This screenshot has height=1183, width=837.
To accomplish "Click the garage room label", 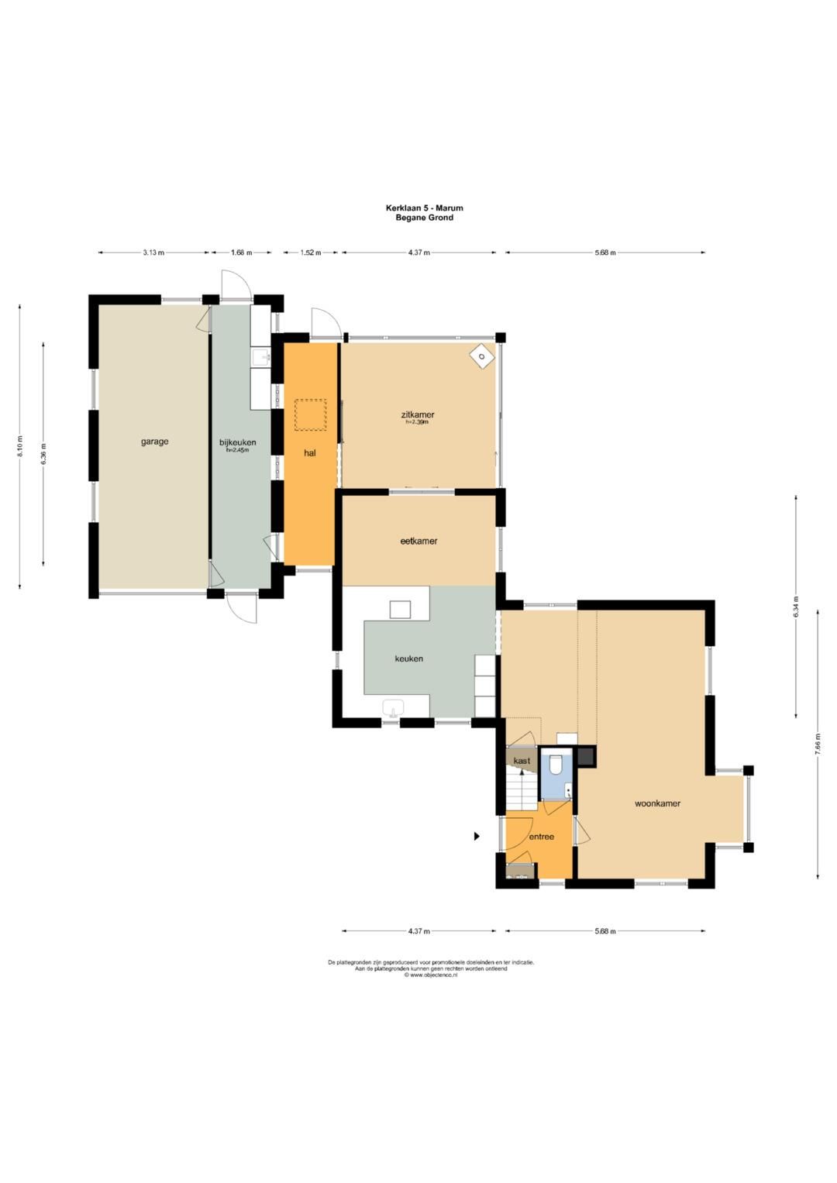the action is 154,442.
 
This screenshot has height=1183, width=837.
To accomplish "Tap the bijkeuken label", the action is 238,442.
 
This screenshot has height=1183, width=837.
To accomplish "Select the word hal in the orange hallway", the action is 310,452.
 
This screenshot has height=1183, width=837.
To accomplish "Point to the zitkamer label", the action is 417,414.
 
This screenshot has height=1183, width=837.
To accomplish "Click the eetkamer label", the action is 418,541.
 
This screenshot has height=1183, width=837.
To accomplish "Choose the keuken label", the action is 409,659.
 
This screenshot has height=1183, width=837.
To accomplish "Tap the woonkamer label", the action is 657,803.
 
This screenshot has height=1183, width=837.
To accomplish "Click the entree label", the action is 542,837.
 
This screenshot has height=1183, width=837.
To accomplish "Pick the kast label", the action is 522,761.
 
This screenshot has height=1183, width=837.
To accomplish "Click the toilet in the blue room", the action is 556,764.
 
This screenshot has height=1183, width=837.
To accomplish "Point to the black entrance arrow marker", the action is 477,836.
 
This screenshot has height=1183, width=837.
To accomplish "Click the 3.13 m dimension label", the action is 153,253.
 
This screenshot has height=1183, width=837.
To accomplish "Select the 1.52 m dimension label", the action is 310,253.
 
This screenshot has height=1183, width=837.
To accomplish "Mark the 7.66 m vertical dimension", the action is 818,745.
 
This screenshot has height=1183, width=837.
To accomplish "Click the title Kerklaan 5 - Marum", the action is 425,208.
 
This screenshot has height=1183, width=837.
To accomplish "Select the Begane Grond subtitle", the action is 425,217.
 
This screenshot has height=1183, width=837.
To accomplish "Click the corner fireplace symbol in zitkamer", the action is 482,356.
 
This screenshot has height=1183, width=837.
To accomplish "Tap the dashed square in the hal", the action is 310,415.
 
